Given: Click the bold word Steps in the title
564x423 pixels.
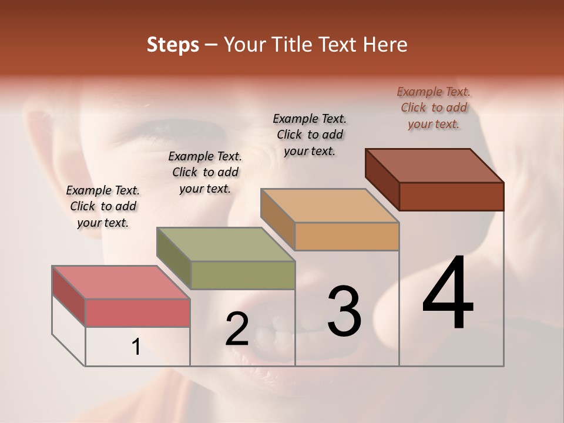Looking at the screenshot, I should coord(173,45).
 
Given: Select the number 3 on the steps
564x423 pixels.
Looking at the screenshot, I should coord(344,312).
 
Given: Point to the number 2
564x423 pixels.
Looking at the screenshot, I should coord(237,330).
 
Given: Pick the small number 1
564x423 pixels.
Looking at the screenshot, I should coord(136,347).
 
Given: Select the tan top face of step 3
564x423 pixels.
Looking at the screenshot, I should coord(330,206).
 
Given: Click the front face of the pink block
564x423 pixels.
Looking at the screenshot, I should coord(137,313).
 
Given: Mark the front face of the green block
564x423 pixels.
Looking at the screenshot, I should coord(243,275).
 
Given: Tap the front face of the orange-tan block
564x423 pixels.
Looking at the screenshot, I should coord(347,236).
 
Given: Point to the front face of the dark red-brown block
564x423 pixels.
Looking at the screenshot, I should coord(451,196).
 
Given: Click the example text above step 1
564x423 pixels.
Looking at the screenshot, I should coord(103,206).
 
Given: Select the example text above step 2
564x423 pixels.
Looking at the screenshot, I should coord(205,172).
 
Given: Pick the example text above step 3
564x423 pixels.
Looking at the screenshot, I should coord(310,135).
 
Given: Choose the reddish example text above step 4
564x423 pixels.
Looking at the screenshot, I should coord(434,108).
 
